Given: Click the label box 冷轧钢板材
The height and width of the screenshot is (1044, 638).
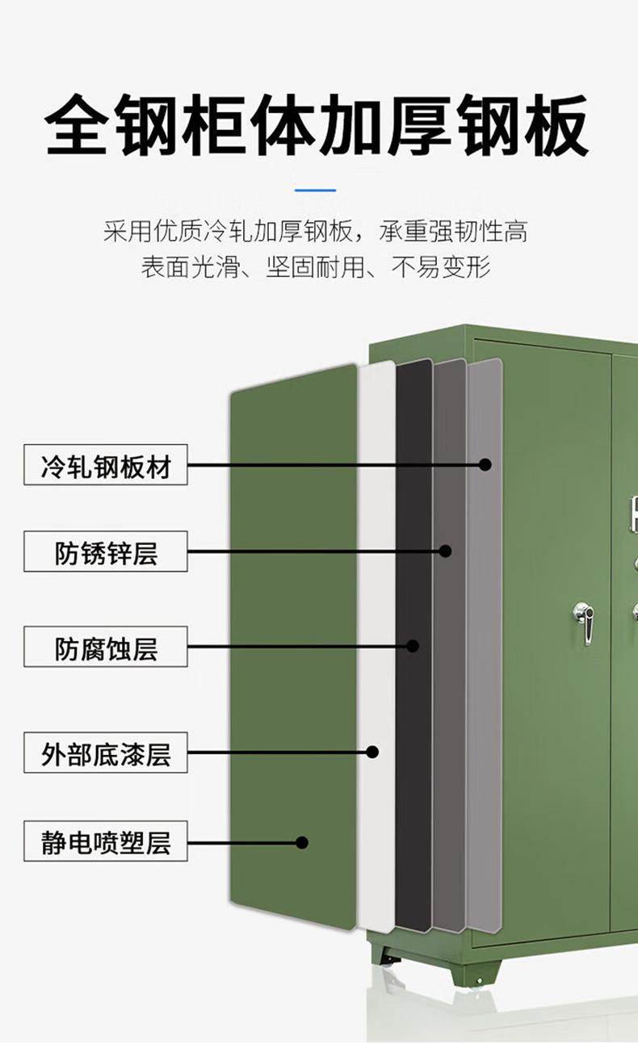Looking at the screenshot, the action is [106, 465].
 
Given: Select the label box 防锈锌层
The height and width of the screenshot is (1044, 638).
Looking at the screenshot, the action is [106, 552].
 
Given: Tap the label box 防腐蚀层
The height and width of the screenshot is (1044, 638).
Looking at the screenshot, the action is [106, 647].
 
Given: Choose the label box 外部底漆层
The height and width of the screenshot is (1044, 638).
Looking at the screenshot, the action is [106, 753].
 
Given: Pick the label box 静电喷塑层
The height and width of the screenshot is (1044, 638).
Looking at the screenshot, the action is [106, 842].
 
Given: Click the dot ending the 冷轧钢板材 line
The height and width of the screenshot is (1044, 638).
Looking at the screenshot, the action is [485, 464].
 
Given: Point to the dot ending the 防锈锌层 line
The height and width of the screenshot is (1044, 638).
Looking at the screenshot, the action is [446, 551].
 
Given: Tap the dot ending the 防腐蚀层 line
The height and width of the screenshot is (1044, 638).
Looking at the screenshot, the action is [413, 646].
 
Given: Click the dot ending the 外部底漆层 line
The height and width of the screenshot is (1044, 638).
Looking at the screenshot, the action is [372, 752].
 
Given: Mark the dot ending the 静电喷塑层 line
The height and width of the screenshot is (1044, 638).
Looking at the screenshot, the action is [302, 842].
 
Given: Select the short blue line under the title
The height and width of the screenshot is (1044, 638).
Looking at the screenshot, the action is [316, 191].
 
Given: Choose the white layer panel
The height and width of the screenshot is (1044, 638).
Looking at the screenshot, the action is [376, 565].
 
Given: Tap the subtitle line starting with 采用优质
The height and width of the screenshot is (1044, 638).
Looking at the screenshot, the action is [316, 233].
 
